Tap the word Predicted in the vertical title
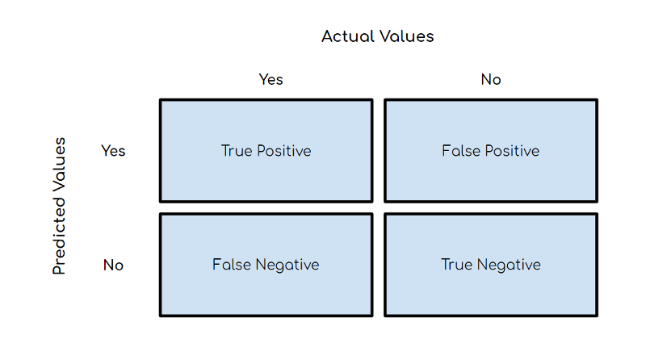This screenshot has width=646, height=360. [x=59, y=233]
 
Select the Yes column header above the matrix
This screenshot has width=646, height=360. [x=271, y=79]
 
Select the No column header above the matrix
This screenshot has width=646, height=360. [x=491, y=79]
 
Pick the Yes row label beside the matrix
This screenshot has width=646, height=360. [x=113, y=150]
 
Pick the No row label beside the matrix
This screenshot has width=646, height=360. [x=113, y=265]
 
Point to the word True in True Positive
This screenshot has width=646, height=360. [x=236, y=151]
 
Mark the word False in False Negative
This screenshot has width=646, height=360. [x=231, y=265]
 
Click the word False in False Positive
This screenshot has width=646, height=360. [x=459, y=151]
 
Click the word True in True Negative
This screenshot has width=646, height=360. [x=456, y=265]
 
